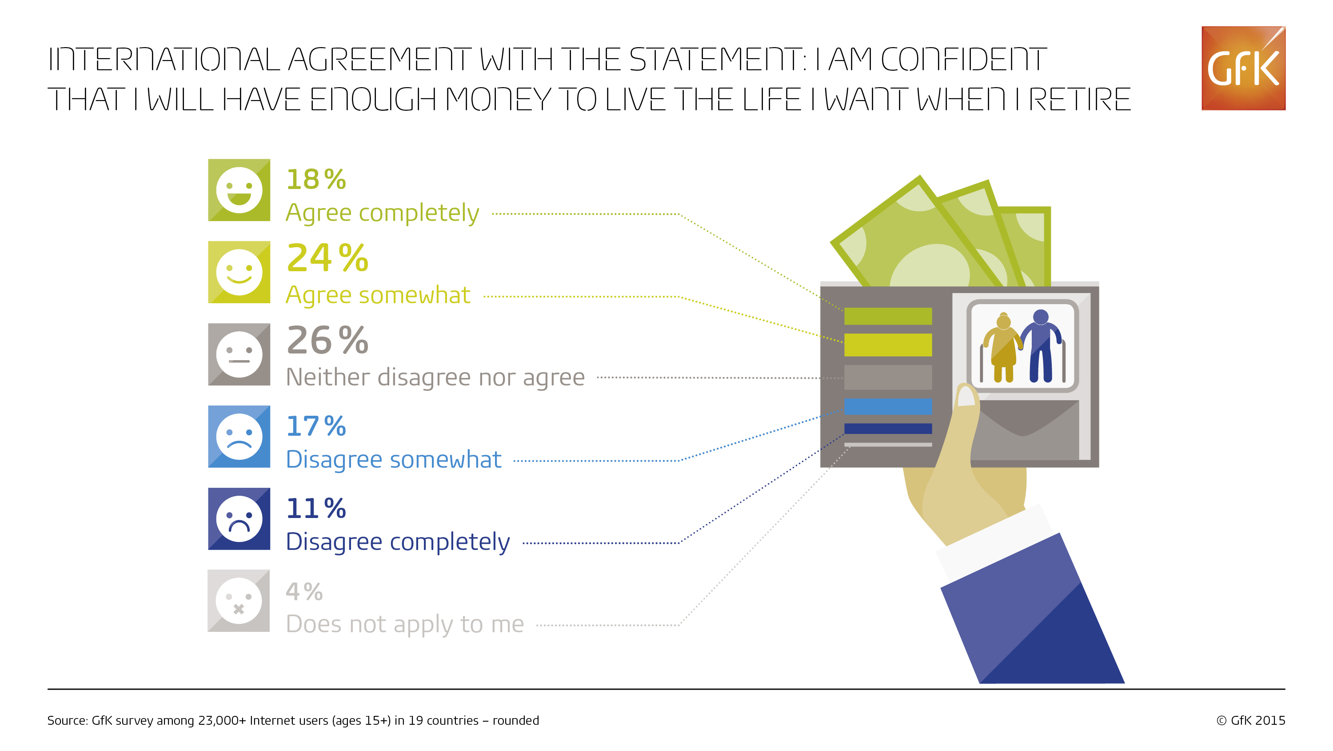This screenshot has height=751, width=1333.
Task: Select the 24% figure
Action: [x=327, y=258]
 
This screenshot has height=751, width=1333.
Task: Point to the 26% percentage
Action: [x=327, y=340]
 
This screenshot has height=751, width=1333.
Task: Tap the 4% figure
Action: [x=304, y=591]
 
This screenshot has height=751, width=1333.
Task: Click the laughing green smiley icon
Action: [x=239, y=190]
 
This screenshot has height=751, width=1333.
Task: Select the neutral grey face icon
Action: [x=239, y=355]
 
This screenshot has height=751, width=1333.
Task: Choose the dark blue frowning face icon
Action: [x=239, y=519]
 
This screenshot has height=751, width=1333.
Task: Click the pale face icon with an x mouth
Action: [x=239, y=601]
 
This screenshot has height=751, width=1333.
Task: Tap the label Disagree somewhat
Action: [x=394, y=459]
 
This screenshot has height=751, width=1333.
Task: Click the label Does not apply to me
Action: [x=405, y=624]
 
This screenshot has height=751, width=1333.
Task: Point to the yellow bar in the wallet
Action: [x=888, y=345]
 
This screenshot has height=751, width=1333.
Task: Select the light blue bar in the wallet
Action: [x=888, y=406]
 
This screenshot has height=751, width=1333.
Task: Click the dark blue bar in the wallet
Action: [x=888, y=428]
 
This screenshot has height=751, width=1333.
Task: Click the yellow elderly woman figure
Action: [x=1003, y=348]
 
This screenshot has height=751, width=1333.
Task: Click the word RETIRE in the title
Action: [x=1079, y=100]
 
